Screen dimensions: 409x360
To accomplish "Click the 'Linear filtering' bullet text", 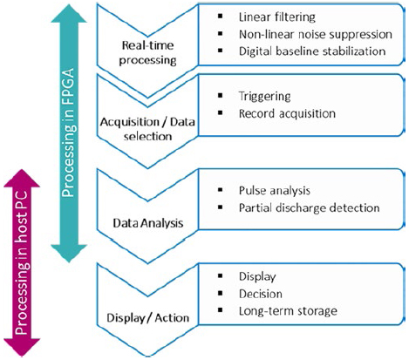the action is tap(277, 17).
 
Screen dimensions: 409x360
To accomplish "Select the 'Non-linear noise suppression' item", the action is tap(316, 34).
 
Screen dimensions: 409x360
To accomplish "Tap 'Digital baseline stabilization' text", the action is tap(312, 51).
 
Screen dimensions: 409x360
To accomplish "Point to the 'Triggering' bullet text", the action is tap(264, 96).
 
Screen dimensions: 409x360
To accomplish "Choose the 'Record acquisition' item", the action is tap(287, 113).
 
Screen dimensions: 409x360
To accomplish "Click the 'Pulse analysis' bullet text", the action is tap(275, 191).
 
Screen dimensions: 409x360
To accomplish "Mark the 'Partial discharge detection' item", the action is tap(310, 207).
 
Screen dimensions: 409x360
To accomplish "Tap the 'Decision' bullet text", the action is tap(261, 294).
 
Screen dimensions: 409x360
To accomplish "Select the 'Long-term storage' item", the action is tap(288, 311).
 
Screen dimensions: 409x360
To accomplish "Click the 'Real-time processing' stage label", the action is tap(147, 52).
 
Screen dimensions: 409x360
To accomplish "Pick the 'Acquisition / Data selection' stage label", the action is tap(147, 129).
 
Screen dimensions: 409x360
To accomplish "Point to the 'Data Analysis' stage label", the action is tap(148, 223).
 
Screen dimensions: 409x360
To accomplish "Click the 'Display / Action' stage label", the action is tap(148, 317).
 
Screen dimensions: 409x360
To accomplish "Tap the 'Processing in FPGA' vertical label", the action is tap(69, 132).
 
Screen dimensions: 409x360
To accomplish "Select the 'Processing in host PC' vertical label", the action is tap(22, 263).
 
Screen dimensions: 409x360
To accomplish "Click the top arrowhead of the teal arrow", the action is tap(69, 13).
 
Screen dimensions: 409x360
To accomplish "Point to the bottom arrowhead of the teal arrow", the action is tap(69, 254).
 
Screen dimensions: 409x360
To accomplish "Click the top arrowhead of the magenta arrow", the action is tap(22, 178).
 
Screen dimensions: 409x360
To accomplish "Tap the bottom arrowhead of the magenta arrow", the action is tap(22, 348).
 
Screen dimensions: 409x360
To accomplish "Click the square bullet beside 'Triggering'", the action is tap(220, 95).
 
